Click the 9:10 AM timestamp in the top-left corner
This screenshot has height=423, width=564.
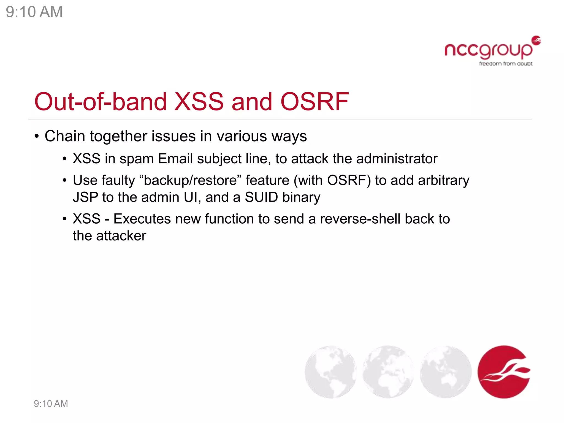pyautogui.click(x=34, y=12)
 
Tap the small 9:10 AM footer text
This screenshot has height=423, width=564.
pyautogui.click(x=51, y=404)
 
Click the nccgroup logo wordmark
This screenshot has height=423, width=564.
pyautogui.click(x=488, y=50)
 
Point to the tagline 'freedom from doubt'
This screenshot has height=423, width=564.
pyautogui.click(x=506, y=64)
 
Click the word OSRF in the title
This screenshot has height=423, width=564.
pyautogui.click(x=314, y=102)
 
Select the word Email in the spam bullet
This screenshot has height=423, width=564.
pyautogui.click(x=175, y=159)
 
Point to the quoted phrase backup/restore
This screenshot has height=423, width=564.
pyautogui.click(x=190, y=181)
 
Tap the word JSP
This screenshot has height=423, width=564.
pyautogui.click(x=85, y=197)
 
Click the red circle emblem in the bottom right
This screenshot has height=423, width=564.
pyautogui.click(x=504, y=372)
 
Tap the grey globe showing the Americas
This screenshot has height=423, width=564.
pyautogui.click(x=330, y=372)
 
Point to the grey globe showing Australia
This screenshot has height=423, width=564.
pyautogui.click(x=446, y=372)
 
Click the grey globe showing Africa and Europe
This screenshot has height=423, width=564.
pyautogui.click(x=388, y=372)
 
